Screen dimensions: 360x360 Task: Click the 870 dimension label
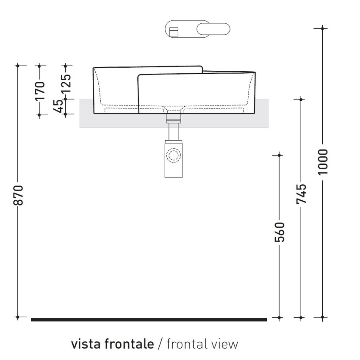18,195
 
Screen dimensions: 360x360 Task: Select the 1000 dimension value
323,162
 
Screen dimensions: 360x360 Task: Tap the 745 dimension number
301,194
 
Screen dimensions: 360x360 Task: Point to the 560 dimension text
279,232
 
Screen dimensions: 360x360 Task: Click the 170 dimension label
39,91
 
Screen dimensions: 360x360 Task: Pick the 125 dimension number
66,84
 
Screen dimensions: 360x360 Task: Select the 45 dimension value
60,105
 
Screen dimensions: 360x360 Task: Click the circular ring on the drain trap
173,155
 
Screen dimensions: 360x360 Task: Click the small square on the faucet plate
173,32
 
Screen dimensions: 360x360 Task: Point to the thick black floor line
149,320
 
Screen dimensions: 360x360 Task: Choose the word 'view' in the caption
225,344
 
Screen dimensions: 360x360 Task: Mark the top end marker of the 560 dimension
279,155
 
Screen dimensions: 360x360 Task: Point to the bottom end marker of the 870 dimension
18,317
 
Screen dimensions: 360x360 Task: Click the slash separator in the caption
160,344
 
